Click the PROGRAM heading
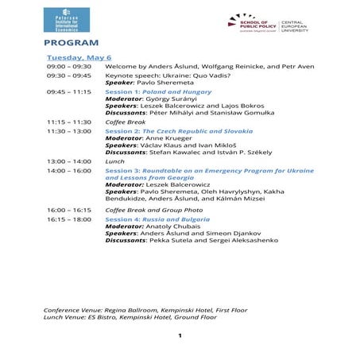(x=72, y=42)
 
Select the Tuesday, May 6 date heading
(x=79, y=58)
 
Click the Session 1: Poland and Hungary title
(x=151, y=91)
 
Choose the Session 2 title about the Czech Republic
(x=168, y=130)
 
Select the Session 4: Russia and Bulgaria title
(x=157, y=218)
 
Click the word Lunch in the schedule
(x=114, y=161)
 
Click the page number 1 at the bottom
(x=180, y=336)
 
